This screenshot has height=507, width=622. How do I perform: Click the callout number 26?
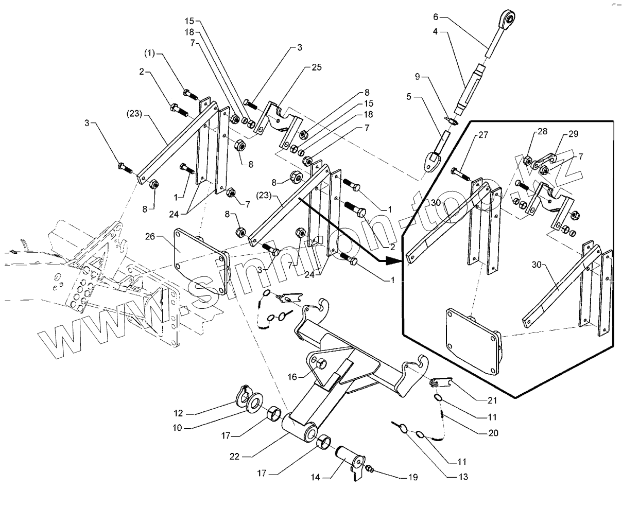[150, 236]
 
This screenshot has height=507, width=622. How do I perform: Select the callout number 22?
[234, 456]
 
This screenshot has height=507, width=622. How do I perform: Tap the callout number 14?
[315, 477]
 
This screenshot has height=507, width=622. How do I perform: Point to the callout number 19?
[413, 477]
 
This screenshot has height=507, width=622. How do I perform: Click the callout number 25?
[317, 67]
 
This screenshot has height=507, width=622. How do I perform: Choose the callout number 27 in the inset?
[483, 135]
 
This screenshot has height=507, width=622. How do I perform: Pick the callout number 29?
[573, 134]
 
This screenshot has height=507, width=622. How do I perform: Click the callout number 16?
[292, 377]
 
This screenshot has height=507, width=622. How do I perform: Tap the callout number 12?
[178, 413]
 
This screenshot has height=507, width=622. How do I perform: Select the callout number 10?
[177, 428]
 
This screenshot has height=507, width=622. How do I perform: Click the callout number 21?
[492, 400]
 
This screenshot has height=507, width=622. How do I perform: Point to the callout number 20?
[493, 433]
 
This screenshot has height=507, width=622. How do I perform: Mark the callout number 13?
[463, 477]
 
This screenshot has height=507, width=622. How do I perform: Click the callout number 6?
[436, 17]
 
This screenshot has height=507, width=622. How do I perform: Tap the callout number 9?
[417, 77]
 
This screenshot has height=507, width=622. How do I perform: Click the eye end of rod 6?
[508, 17]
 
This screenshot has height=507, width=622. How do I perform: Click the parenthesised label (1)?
[149, 54]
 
